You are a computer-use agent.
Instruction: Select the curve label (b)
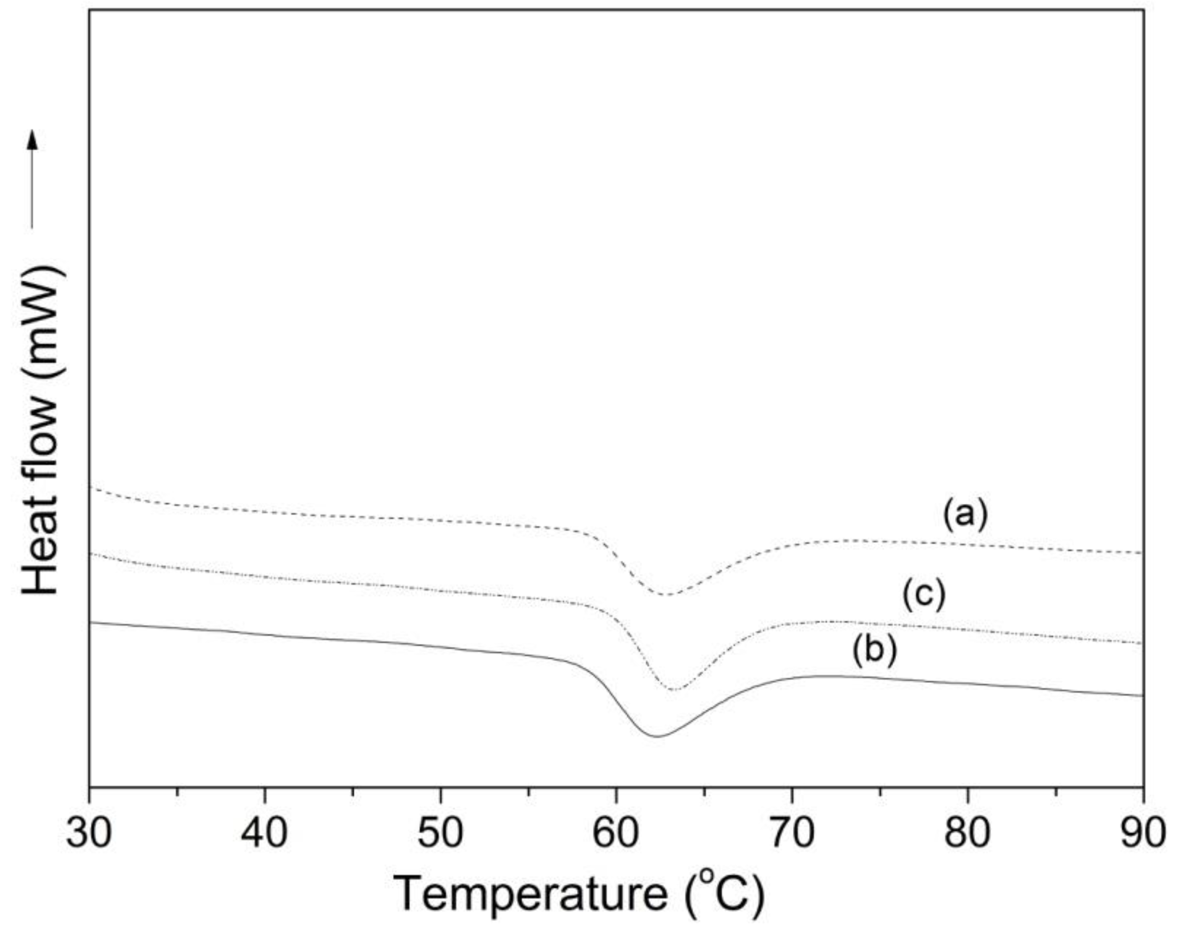tap(874, 651)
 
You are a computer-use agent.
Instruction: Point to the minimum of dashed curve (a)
tap(666, 595)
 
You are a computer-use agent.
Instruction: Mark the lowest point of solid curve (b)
tap(657, 737)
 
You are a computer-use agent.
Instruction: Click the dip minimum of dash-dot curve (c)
tap(675, 690)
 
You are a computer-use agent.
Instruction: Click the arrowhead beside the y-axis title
tap(33, 140)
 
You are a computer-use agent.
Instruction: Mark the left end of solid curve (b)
tap(90, 622)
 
